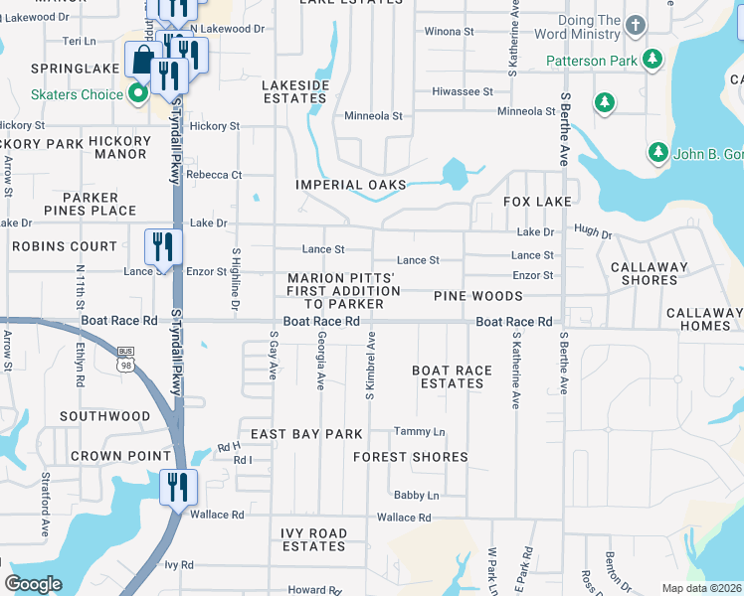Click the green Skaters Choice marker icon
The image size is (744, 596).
[138, 94]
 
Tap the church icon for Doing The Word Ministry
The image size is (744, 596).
[633, 22]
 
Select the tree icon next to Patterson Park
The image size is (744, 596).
[651, 61]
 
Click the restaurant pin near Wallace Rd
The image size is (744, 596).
[179, 487]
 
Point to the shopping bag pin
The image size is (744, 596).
[142, 61]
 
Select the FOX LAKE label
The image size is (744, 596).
[537, 202]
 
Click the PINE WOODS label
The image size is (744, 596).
[477, 296]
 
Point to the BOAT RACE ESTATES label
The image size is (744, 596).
[453, 376]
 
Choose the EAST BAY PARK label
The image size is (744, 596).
[306, 434]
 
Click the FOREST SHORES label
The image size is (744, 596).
[411, 457]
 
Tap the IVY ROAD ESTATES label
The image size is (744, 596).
[314, 539]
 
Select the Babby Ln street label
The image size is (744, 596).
[416, 495]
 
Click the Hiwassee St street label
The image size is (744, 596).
[463, 91]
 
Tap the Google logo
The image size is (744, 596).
[33, 584]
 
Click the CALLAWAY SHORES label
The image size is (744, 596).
[650, 273]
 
